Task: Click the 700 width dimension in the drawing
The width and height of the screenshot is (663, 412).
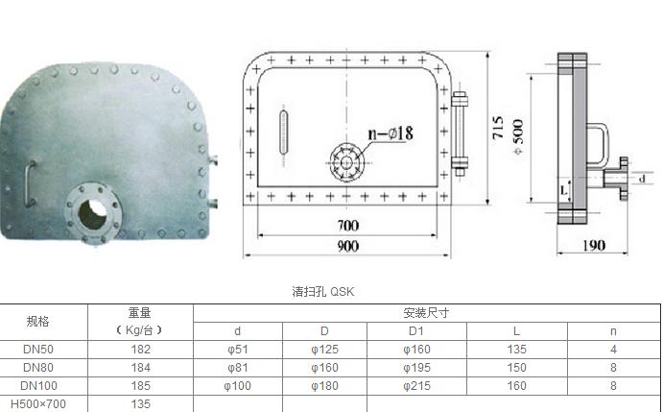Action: [x=348, y=226]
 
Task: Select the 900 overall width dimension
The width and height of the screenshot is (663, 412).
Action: [x=348, y=246]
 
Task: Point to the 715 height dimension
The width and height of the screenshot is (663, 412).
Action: [x=498, y=128]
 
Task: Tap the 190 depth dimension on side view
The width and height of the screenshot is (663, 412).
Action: [x=594, y=245]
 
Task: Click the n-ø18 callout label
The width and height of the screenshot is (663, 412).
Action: [x=391, y=133]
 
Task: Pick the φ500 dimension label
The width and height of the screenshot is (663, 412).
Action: [x=517, y=136]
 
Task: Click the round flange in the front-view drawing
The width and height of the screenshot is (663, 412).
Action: [x=346, y=162]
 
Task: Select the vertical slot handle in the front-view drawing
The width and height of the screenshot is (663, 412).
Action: [x=283, y=132]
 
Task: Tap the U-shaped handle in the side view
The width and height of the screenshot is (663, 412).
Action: [x=598, y=144]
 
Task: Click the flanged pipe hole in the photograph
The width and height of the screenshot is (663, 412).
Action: [x=94, y=211]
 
